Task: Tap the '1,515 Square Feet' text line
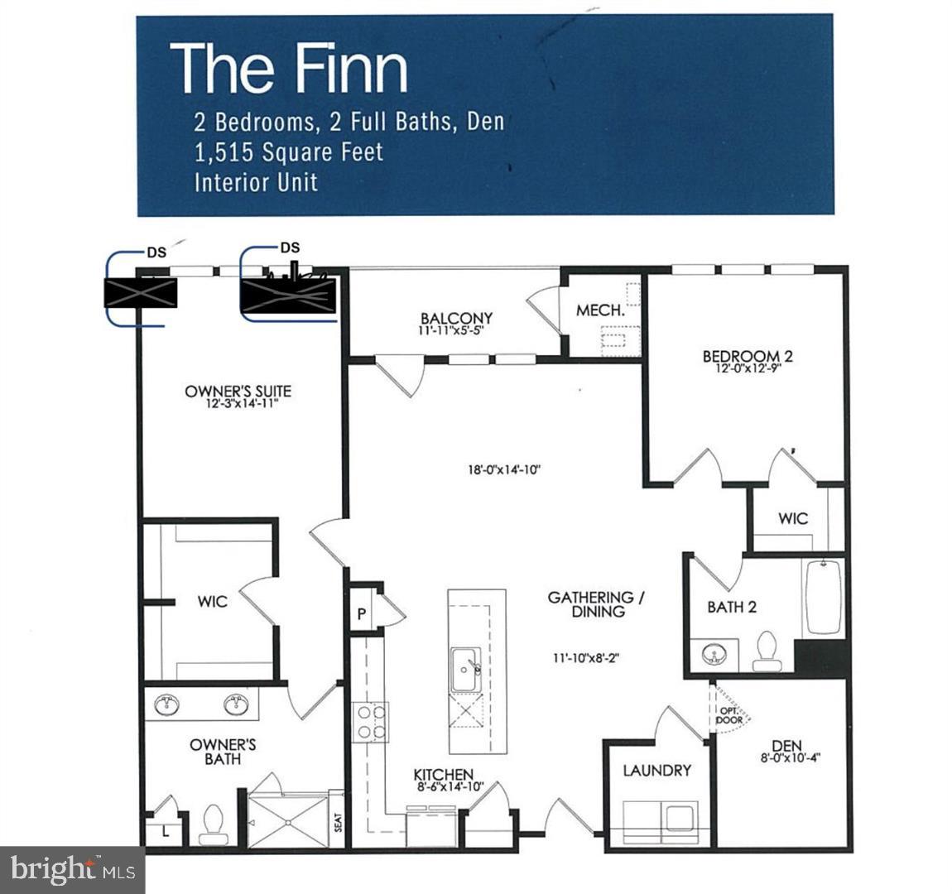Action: (x=289, y=152)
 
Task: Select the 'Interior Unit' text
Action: (x=256, y=182)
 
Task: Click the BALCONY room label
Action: (x=456, y=319)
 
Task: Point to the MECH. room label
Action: (x=599, y=310)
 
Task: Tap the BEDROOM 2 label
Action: (x=748, y=357)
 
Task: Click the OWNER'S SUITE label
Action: (x=238, y=392)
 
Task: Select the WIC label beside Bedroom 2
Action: (x=792, y=519)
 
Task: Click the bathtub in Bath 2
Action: (x=822, y=597)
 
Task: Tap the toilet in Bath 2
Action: (x=767, y=651)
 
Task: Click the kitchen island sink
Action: (x=464, y=668)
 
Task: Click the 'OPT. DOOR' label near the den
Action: (x=730, y=714)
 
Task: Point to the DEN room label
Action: (x=786, y=746)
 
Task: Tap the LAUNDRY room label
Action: (x=656, y=771)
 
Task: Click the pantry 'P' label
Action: (x=362, y=613)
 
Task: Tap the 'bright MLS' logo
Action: (x=72, y=870)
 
